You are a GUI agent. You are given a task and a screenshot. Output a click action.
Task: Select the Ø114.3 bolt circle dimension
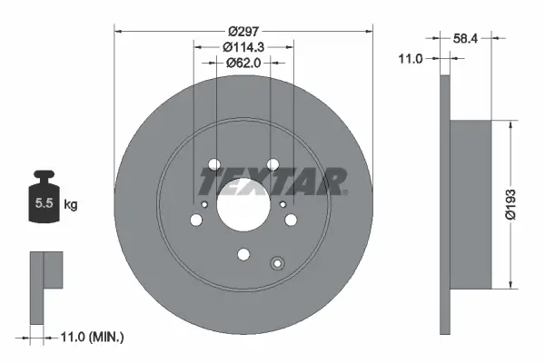pos(243,46)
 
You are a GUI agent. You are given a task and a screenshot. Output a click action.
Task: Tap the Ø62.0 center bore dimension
pos(243,64)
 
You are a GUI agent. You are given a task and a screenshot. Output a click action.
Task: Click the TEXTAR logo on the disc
pos(272,181)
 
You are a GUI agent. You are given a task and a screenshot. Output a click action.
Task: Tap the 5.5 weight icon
pos(44,203)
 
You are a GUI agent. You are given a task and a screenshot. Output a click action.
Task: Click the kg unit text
pos(71,205)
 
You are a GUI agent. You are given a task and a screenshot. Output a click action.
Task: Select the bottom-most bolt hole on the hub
pos(243,255)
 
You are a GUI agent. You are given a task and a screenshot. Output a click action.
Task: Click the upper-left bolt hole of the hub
pos(215,165)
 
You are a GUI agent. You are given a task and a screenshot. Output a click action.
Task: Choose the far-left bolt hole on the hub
pos(196,219)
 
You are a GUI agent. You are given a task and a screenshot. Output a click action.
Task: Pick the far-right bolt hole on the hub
pos(289,219)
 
